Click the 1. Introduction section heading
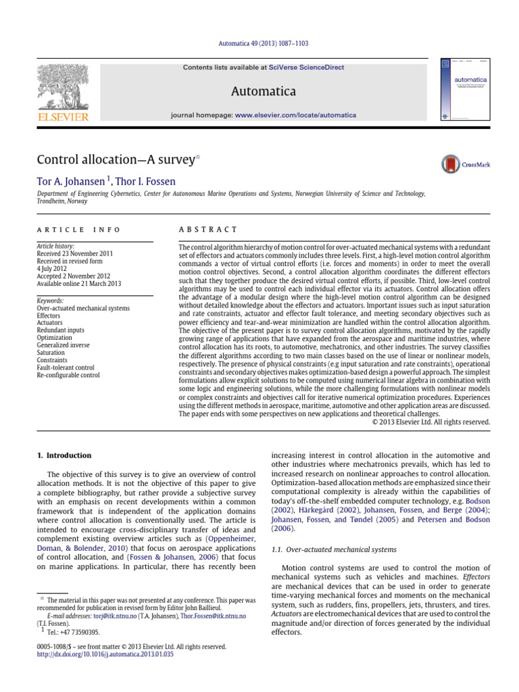pos(64,455)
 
